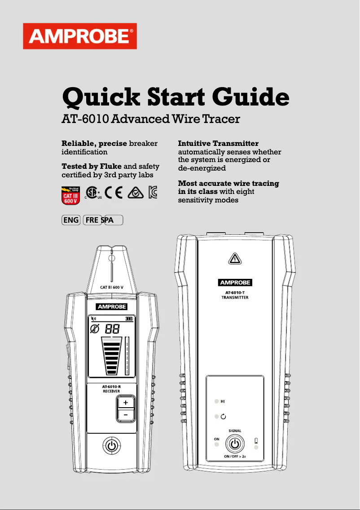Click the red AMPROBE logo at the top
coord(80,36)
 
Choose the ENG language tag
coord(71,220)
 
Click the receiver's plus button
coord(126,403)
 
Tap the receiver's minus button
coord(126,415)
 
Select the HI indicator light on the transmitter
coord(216,401)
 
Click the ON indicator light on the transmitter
coord(216,444)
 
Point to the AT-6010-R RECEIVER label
coord(111,388)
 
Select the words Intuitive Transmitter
coord(218,144)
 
